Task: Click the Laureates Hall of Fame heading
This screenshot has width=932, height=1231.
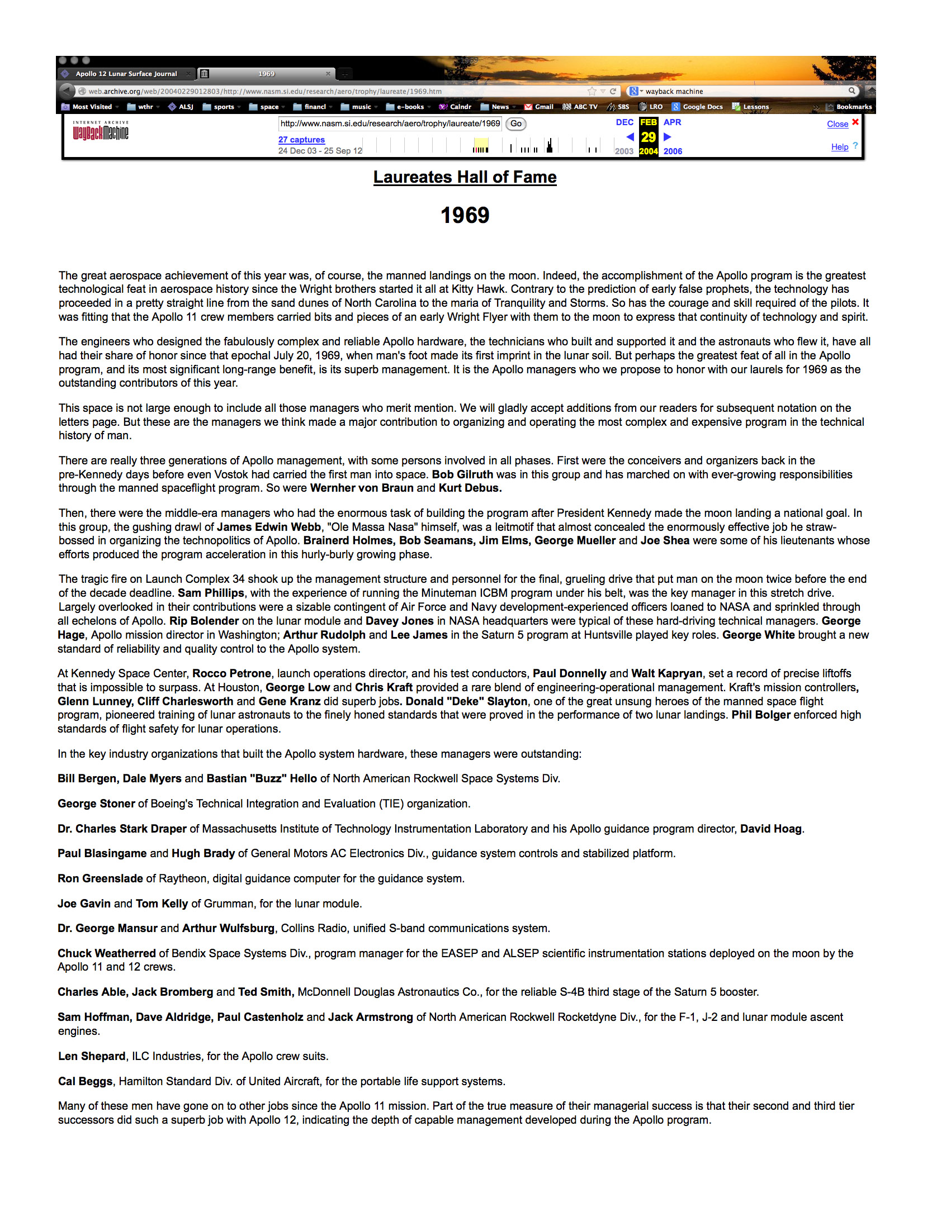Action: click(465, 177)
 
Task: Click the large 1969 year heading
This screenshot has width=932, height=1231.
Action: click(465, 216)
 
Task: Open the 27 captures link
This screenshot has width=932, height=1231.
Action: click(301, 140)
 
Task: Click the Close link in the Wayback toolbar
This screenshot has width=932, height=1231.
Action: click(837, 124)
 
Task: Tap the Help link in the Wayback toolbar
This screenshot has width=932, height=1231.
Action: click(839, 147)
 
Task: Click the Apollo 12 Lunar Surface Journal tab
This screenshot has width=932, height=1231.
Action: click(126, 74)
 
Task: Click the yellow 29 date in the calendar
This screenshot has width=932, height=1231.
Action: click(648, 137)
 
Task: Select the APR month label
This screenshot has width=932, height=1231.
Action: click(672, 122)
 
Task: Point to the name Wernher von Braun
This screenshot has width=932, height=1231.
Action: click(362, 488)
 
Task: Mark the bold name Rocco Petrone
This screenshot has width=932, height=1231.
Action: click(231, 673)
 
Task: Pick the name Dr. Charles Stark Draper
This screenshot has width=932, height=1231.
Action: click(122, 829)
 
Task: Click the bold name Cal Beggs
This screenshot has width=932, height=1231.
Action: click(86, 1081)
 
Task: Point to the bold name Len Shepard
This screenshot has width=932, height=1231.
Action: click(92, 1056)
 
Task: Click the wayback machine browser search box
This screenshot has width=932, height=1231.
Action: click(744, 91)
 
